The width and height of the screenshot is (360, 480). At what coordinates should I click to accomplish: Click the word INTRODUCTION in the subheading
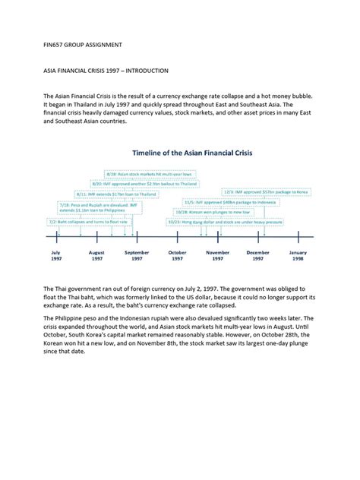tap(144, 71)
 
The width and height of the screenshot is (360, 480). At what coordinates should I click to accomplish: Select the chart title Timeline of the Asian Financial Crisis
tap(192, 153)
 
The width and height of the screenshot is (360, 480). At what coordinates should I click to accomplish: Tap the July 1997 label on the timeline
tap(56, 255)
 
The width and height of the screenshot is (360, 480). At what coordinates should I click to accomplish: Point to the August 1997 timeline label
tap(96, 255)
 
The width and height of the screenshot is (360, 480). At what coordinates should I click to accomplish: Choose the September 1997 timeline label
tap(137, 255)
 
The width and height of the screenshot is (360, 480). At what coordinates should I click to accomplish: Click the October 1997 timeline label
tap(177, 255)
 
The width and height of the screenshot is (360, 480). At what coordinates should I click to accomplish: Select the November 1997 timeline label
tap(218, 255)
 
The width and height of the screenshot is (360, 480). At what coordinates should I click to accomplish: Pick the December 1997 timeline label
tap(258, 255)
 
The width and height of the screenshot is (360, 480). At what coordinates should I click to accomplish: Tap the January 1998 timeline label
tap(298, 255)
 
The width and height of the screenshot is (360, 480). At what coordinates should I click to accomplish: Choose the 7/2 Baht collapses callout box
tap(90, 222)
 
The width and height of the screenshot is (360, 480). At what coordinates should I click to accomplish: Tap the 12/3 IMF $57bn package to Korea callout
tap(265, 192)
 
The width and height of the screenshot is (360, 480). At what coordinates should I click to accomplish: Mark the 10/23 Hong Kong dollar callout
tap(225, 222)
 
